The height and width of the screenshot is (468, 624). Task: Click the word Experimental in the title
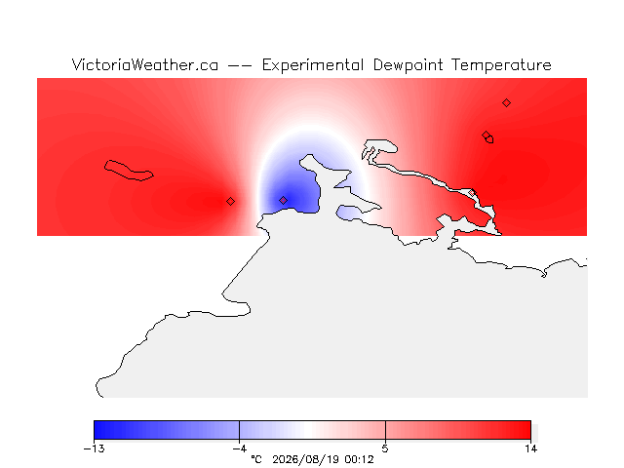[313, 65]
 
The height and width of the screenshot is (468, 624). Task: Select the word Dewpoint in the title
[408, 65]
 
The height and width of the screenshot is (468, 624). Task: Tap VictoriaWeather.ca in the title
[145, 65]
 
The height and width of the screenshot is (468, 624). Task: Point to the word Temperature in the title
[501, 65]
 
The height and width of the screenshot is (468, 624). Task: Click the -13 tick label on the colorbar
[95, 448]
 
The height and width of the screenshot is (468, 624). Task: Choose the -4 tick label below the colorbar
[240, 448]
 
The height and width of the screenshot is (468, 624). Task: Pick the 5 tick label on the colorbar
[385, 448]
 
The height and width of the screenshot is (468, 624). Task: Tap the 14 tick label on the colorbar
[530, 448]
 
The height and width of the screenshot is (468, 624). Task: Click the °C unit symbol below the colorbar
[256, 459]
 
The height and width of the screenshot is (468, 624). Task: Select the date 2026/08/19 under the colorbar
[305, 459]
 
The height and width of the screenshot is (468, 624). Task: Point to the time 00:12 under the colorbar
[360, 459]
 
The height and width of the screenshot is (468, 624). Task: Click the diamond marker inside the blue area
[283, 200]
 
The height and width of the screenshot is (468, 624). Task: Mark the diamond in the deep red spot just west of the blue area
[230, 202]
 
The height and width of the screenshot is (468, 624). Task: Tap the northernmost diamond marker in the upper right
[506, 103]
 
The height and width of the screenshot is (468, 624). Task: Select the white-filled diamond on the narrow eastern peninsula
[472, 193]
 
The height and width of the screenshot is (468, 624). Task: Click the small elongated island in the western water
[129, 171]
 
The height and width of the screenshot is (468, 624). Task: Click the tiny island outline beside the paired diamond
[489, 139]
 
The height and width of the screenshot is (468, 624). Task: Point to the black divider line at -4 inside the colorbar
[239, 430]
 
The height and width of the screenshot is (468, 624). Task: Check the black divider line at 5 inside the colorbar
[385, 430]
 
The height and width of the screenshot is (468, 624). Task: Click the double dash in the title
[240, 65]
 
